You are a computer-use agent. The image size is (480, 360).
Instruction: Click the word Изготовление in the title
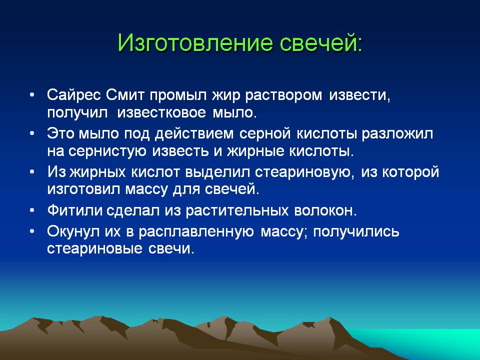pyautogui.click(x=195, y=42)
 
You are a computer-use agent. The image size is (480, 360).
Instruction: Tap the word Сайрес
pyautogui.click(x=74, y=95)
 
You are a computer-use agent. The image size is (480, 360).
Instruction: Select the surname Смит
pyautogui.click(x=125, y=94)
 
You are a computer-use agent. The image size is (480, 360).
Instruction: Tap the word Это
pyautogui.click(x=60, y=133)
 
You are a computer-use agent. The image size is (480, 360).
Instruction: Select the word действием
pyautogui.click(x=194, y=134)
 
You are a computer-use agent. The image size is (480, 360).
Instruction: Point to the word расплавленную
pyautogui.click(x=196, y=232)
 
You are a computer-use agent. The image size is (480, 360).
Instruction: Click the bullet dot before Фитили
pyautogui.click(x=32, y=210)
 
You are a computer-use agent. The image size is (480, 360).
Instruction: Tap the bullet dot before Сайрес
pyautogui.click(x=32, y=95)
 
